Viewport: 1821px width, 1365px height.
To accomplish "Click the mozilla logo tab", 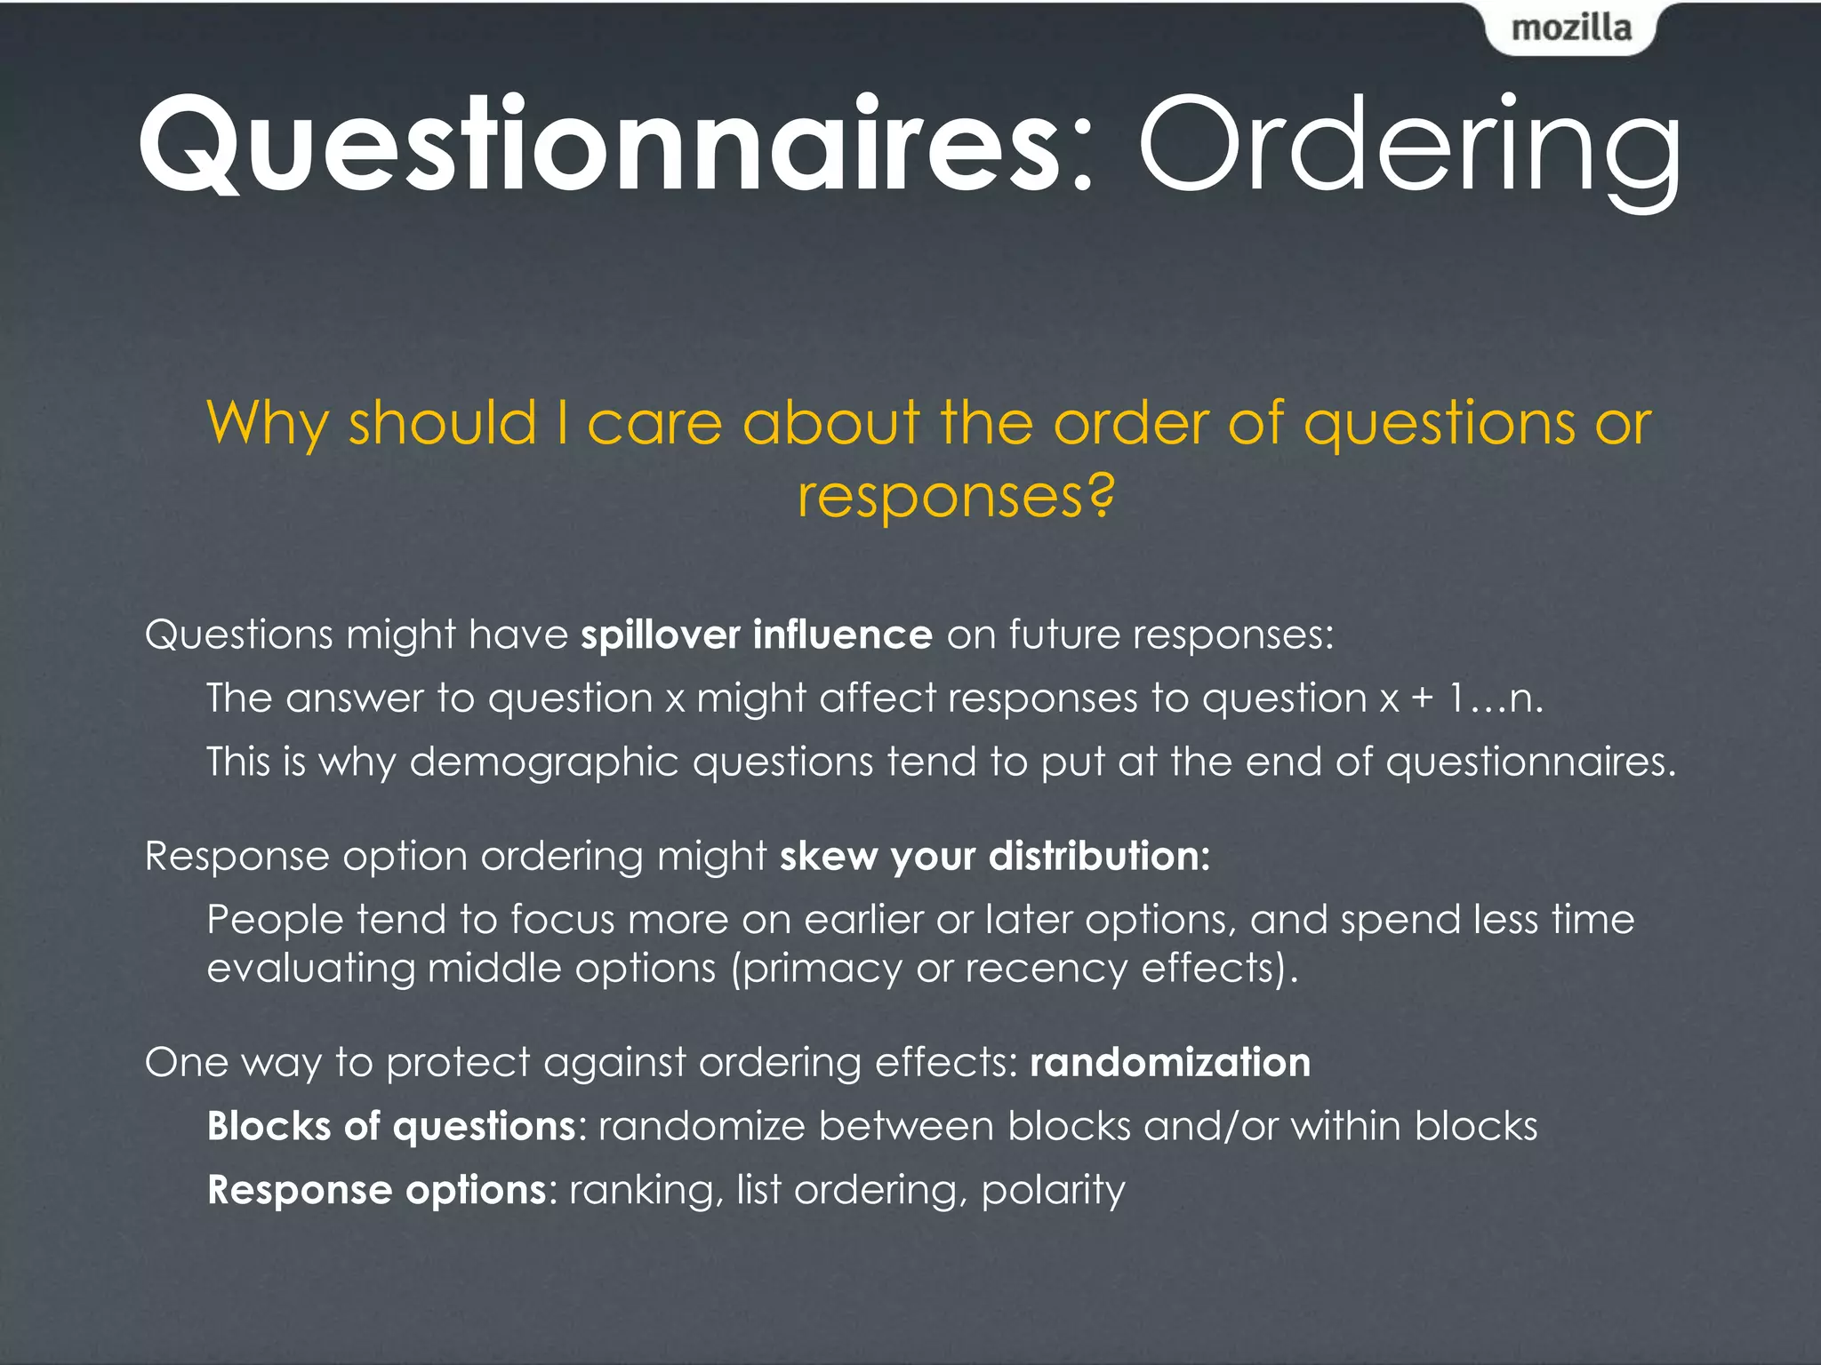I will (1571, 28).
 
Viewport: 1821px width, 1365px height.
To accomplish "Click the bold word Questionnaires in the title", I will (601, 145).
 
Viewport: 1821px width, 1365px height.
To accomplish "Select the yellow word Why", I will (267, 424).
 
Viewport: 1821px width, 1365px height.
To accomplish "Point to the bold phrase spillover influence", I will (756, 635).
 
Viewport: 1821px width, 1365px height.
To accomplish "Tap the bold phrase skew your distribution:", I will (994, 857).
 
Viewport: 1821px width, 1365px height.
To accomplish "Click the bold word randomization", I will (1169, 1063).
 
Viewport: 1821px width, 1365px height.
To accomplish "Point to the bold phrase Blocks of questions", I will (391, 1127).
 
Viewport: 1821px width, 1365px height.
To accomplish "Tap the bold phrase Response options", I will (376, 1191).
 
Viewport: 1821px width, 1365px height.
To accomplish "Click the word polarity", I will (1053, 1191).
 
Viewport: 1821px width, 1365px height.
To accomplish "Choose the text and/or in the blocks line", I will (1210, 1127).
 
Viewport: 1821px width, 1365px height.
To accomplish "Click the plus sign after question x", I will (1423, 699).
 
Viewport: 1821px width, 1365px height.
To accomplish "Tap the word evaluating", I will (310, 969).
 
